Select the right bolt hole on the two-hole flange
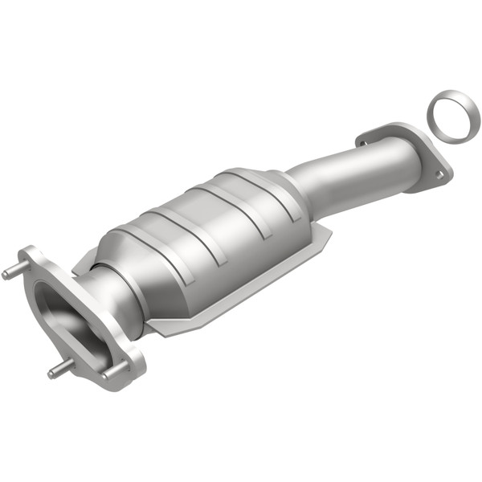click(x=436, y=172)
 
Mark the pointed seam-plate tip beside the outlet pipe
click(x=330, y=232)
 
